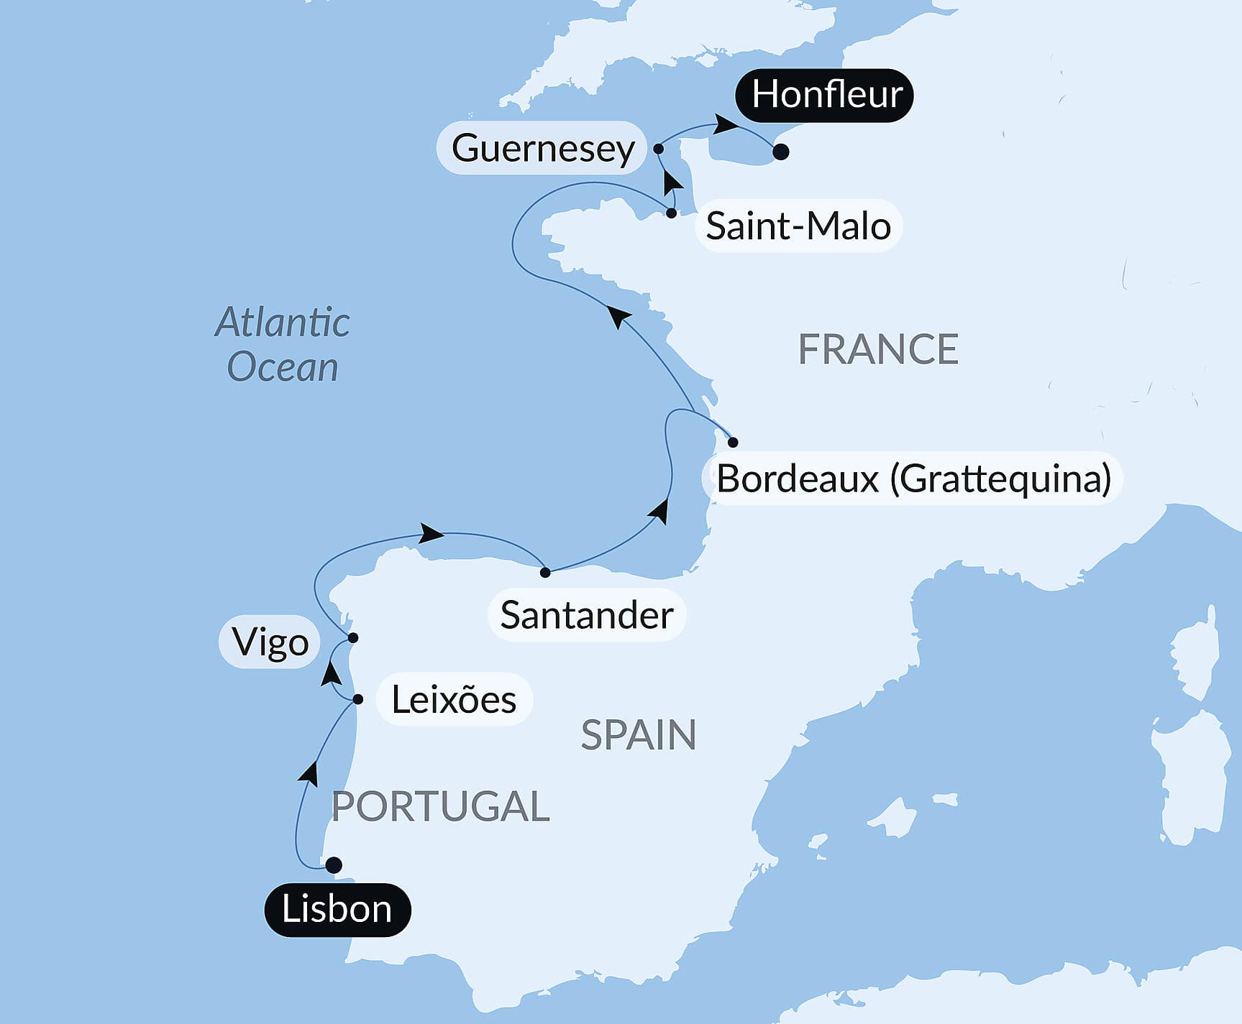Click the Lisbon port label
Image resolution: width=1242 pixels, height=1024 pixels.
click(337, 909)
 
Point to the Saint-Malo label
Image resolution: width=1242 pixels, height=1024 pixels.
click(798, 226)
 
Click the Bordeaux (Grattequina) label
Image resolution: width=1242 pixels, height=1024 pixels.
click(913, 479)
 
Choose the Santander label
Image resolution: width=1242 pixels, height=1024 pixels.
click(586, 615)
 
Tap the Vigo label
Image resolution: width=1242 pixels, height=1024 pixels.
click(270, 642)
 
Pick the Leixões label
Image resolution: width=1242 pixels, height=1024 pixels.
click(454, 699)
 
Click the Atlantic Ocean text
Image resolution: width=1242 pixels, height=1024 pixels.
click(283, 344)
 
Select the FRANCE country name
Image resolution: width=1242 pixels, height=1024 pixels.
click(878, 349)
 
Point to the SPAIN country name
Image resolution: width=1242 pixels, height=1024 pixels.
click(638, 734)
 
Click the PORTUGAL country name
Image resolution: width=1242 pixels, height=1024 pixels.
click(440, 806)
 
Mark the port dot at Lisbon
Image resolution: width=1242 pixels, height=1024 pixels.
click(334, 865)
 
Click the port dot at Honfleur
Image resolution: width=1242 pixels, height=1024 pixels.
click(781, 152)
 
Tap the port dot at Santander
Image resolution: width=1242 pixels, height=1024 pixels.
click(545, 572)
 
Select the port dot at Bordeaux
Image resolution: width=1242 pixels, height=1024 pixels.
click(733, 442)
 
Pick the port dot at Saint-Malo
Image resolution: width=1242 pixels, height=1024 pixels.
click(671, 213)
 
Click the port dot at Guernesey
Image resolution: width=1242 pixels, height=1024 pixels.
click(658, 149)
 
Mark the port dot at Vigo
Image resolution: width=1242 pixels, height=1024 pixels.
click(353, 637)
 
